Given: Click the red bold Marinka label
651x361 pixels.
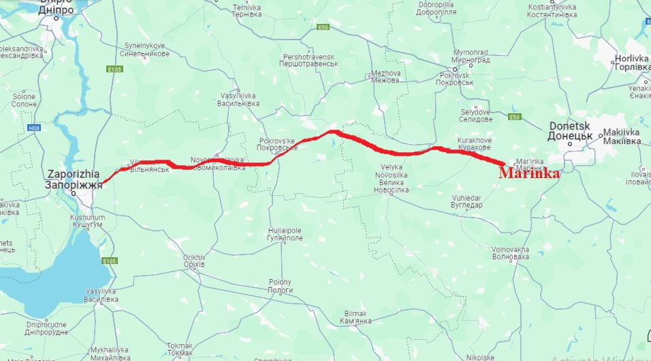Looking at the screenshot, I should (529, 174).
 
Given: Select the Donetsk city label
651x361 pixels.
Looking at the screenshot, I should (571, 131).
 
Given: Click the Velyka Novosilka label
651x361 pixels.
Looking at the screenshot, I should (392, 178).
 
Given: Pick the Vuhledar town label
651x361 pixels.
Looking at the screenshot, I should (467, 201).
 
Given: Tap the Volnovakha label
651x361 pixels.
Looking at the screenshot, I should (510, 253).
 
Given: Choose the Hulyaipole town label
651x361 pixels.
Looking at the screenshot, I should (285, 234).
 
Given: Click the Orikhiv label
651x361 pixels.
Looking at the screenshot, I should (195, 261).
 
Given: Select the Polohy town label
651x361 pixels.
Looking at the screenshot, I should (280, 286).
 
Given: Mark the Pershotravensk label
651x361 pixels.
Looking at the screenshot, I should (311, 59).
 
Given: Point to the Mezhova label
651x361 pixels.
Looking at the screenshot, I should (385, 76).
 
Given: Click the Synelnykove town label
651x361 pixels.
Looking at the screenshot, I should (144, 50).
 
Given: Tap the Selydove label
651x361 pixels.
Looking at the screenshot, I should (476, 115).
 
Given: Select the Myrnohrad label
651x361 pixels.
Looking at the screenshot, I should (471, 56).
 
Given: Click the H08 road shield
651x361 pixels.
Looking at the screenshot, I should (34, 128).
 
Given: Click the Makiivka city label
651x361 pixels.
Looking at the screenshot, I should (621, 137).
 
